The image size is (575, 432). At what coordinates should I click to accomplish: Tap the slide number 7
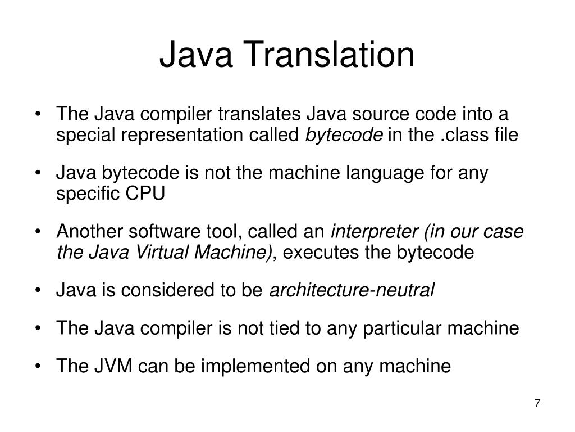pos(537,403)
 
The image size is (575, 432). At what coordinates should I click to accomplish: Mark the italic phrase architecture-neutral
pos(353,290)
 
